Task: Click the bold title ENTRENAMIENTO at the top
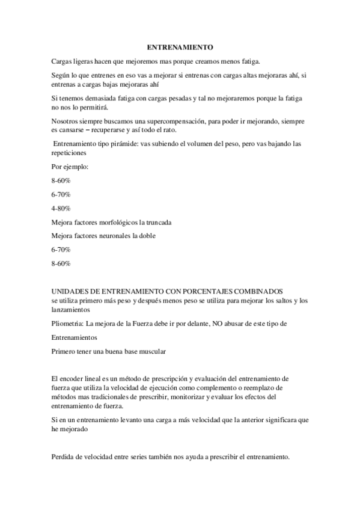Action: [x=180, y=46]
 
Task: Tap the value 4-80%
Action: [x=61, y=208]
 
